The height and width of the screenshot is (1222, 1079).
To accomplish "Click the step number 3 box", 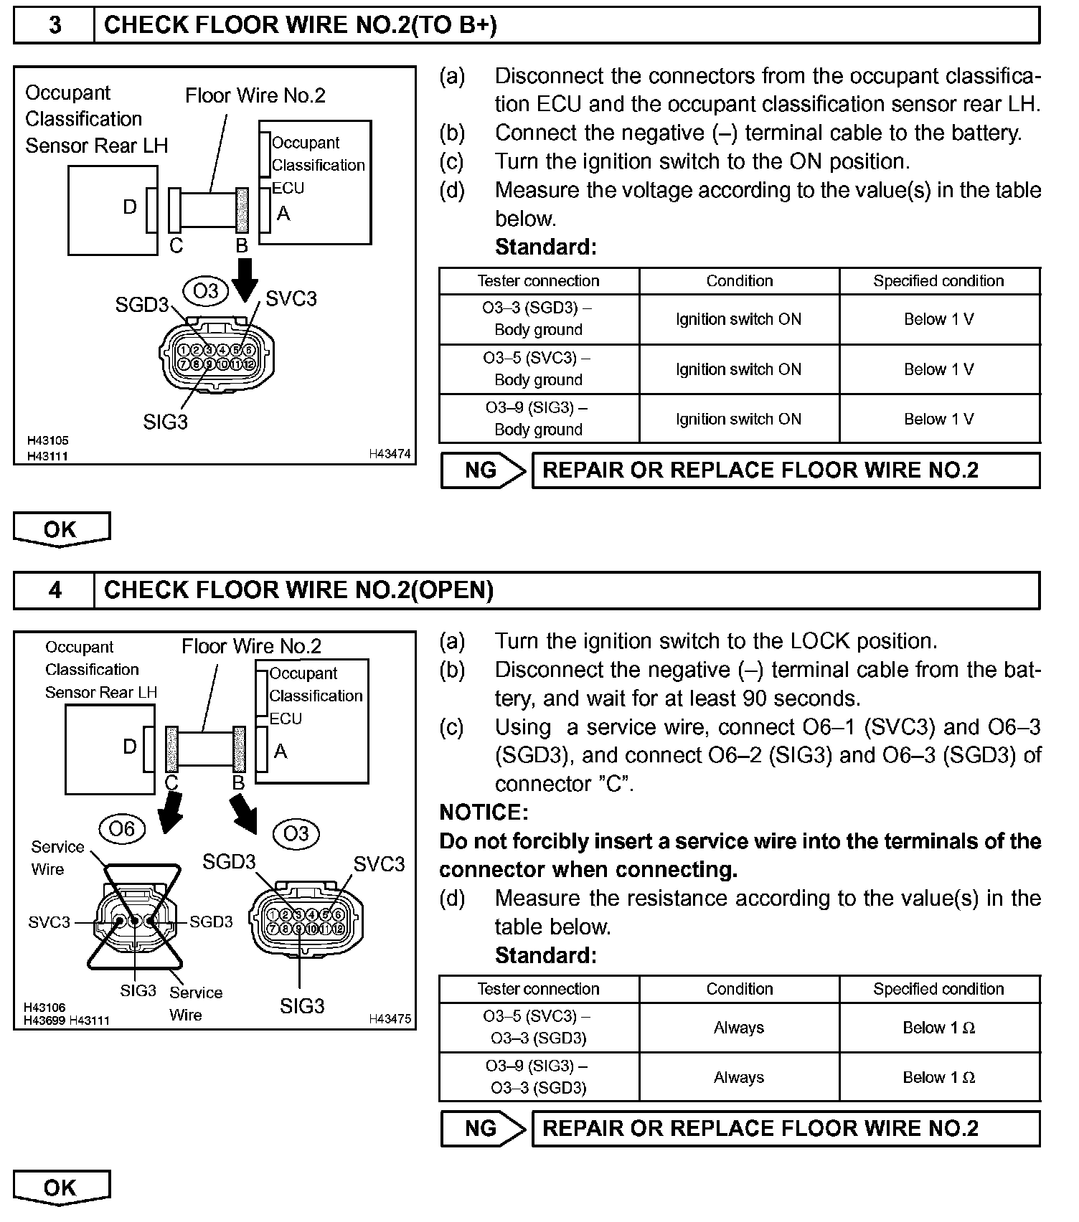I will tap(55, 25).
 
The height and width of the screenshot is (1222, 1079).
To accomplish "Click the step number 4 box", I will tap(55, 590).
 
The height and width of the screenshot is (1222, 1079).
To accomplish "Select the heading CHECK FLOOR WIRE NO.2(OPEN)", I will tap(298, 590).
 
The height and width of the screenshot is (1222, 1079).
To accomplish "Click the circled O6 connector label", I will tap(121, 829).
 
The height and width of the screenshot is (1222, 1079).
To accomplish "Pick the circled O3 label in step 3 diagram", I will tap(206, 290).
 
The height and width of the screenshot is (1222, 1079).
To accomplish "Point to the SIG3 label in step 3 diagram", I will tap(165, 422).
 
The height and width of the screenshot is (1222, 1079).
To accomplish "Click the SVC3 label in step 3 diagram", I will tap(291, 299).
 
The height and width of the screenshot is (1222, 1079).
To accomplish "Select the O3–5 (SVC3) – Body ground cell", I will tap(538, 369).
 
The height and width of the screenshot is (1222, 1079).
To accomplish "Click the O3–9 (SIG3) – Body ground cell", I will tap(538, 419).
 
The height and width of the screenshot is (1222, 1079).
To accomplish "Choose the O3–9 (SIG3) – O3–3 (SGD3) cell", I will tap(538, 1077).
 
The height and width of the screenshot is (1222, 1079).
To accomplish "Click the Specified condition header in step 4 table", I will tap(938, 989).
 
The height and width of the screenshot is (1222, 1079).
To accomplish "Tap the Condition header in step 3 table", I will tap(739, 281).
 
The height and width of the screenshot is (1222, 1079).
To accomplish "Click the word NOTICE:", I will tap(484, 813).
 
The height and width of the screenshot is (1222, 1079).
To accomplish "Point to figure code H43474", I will tap(390, 454).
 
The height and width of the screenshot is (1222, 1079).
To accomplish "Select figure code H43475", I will tap(390, 1018).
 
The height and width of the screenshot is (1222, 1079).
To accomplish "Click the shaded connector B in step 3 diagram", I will tap(242, 210).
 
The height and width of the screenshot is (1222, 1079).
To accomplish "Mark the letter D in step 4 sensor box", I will tap(129, 747).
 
